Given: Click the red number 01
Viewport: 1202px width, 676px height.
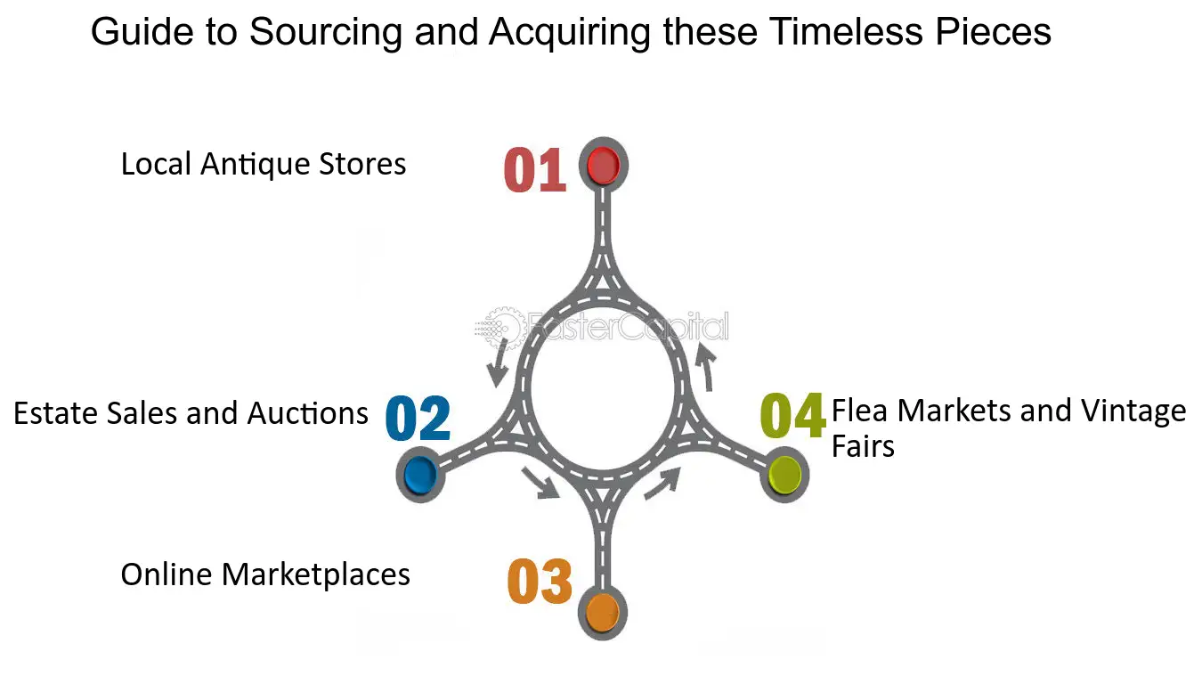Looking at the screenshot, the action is point(535,170).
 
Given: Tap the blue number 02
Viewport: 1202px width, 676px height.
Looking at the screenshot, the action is point(418,419).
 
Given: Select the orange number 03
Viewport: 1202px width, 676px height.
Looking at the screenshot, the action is point(540,581).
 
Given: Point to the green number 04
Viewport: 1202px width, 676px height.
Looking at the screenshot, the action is point(793,415).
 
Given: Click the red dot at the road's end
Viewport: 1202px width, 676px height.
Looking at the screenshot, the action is point(603,166).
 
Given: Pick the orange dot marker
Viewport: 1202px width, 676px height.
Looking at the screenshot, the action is point(603,612).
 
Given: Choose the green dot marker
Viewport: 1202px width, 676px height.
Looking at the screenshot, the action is point(784,475).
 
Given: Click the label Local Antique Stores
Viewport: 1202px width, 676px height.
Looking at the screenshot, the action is point(264,164).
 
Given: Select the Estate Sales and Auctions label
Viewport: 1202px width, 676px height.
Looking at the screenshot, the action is point(191,413).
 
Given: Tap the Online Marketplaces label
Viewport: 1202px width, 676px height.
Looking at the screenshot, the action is point(265,574).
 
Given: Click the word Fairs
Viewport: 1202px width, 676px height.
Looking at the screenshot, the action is point(863,446).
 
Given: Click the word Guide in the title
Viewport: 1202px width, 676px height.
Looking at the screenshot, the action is point(142,31).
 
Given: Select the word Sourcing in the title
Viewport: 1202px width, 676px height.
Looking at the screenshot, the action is point(326,32).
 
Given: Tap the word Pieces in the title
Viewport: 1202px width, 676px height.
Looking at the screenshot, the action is point(994,31).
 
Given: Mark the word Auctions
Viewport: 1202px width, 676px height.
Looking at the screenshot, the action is point(307,413).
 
